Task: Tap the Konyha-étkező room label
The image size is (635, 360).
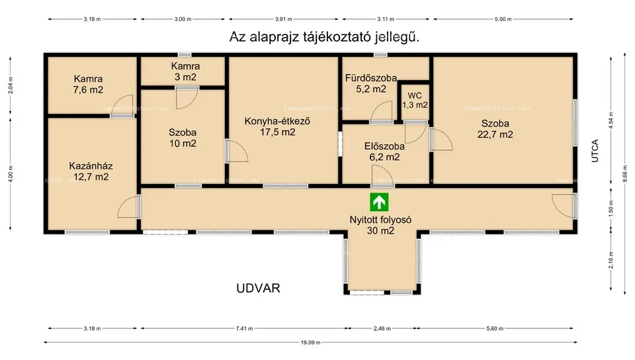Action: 278,126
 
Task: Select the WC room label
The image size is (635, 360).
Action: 415,100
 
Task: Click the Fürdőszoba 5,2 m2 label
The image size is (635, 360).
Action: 370,83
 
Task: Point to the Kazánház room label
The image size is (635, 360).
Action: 89,171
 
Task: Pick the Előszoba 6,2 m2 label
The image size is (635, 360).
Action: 382,152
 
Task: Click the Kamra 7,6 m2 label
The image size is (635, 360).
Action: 88,83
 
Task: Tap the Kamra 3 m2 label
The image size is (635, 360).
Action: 185,71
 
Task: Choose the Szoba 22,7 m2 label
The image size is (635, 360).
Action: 495,128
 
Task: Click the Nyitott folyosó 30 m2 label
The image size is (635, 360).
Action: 381,225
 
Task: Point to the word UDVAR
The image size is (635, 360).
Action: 259,289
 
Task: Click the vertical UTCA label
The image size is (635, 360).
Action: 595,151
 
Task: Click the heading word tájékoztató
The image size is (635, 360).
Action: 334,37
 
